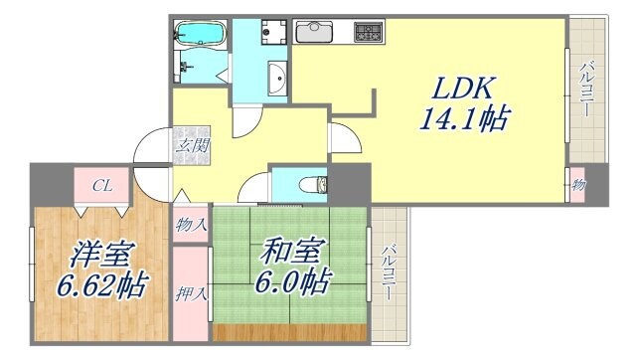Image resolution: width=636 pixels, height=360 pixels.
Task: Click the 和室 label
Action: click(288, 251)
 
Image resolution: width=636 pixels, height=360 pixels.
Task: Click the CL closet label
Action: click(102, 185)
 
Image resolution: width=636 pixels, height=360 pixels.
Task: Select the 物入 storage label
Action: click(191, 225)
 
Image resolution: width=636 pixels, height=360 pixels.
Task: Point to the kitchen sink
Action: click(317, 31)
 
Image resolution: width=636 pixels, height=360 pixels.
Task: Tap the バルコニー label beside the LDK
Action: click(586, 90)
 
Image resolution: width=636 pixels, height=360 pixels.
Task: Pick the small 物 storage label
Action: click(578, 186)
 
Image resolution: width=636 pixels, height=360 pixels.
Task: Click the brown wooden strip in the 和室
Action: click(290, 332)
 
